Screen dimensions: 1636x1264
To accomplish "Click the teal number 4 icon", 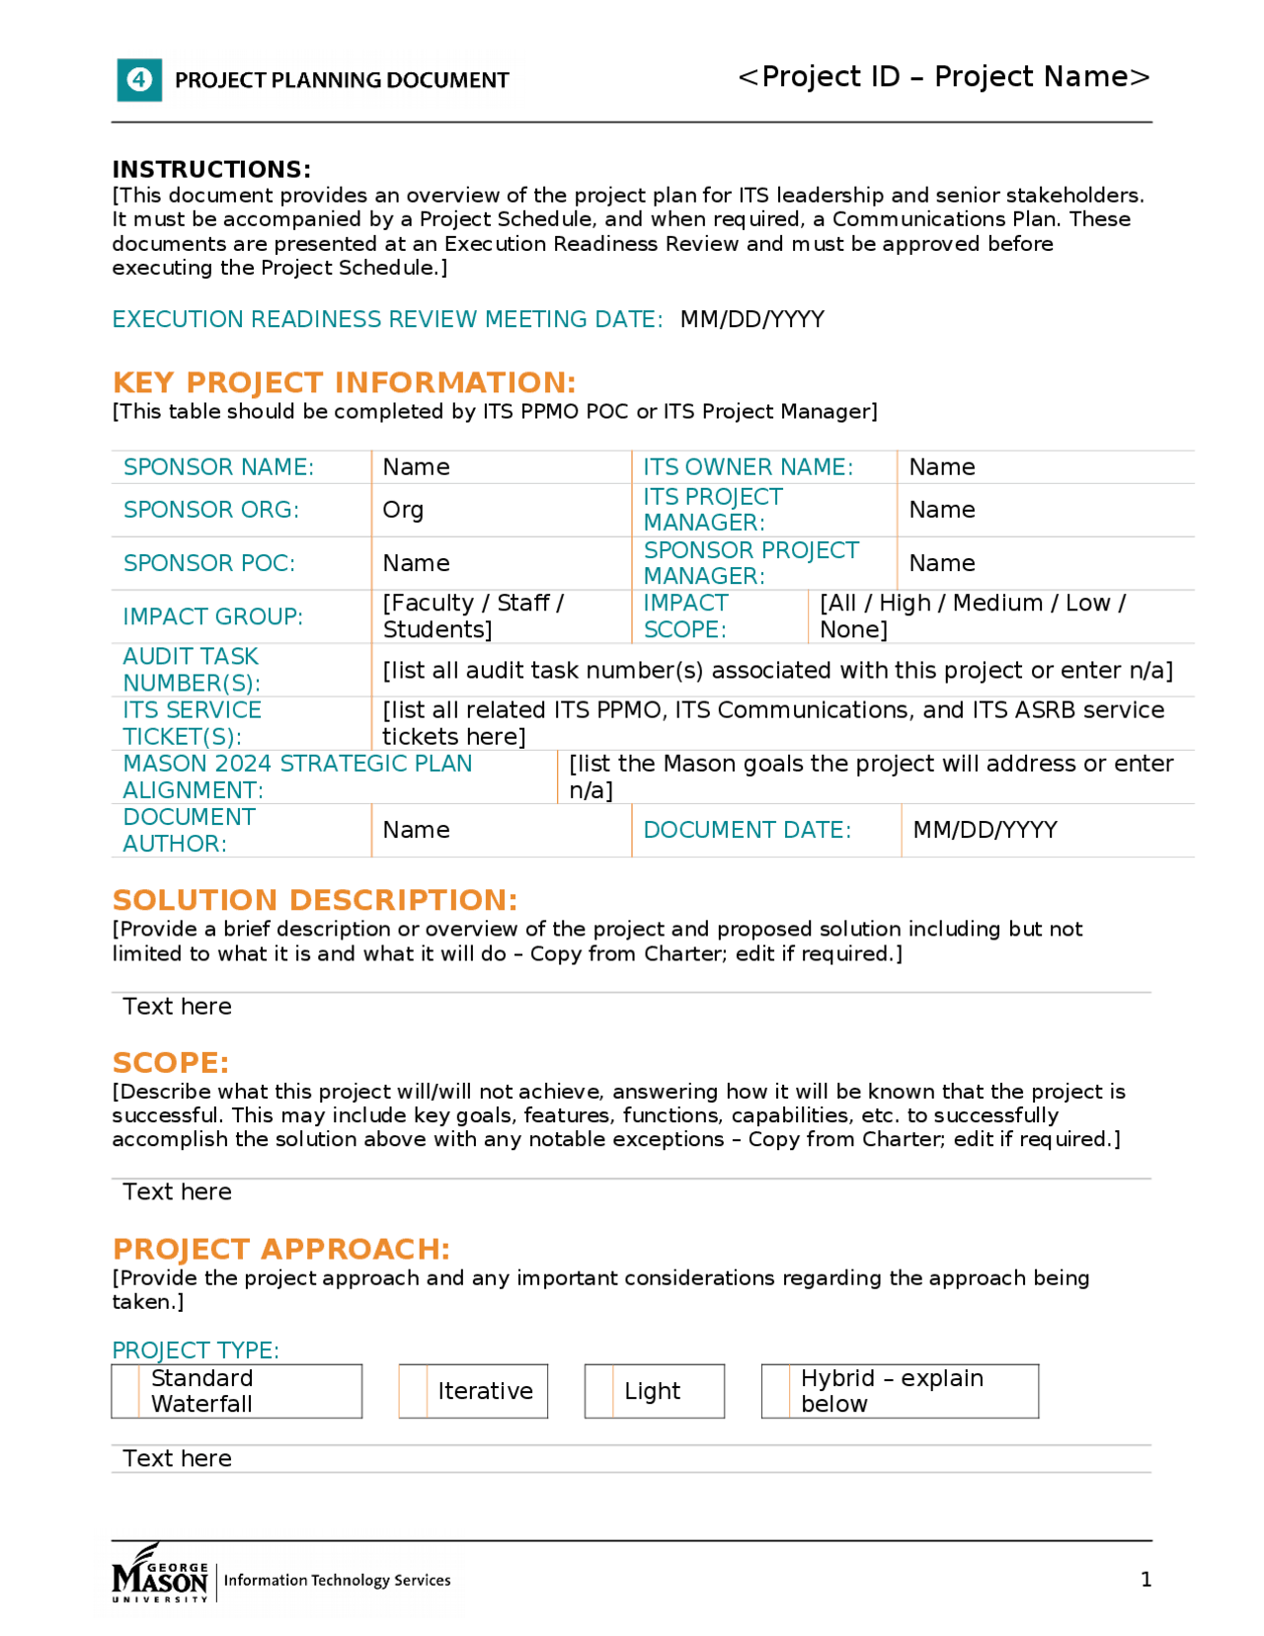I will (139, 79).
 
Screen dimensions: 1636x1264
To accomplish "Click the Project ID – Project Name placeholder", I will (943, 76).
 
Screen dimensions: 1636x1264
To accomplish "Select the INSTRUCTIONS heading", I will (211, 169).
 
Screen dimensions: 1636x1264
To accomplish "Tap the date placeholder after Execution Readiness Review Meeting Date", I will (751, 319).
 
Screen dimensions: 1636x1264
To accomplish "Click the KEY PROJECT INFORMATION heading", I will (344, 382).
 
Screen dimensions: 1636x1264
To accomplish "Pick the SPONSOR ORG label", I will (210, 510).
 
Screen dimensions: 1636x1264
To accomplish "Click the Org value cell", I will (403, 510).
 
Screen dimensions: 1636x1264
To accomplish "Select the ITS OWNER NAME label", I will (748, 466).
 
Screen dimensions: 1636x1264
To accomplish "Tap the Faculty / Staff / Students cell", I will (473, 615).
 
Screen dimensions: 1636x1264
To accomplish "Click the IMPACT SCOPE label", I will (685, 615).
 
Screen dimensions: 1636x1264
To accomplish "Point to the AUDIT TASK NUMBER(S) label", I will (191, 669).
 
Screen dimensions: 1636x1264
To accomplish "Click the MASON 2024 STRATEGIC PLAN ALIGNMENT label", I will (297, 776).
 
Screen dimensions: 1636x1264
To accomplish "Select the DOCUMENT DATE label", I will (747, 830).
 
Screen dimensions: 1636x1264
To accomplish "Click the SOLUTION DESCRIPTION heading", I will (314, 900).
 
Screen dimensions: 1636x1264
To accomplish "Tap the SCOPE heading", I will (170, 1062).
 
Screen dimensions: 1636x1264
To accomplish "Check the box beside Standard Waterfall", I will (125, 1391).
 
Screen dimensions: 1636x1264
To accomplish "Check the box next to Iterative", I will (413, 1391).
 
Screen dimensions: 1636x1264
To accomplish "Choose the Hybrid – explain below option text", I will (891, 1391).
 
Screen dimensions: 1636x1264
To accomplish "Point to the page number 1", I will (1145, 1579).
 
